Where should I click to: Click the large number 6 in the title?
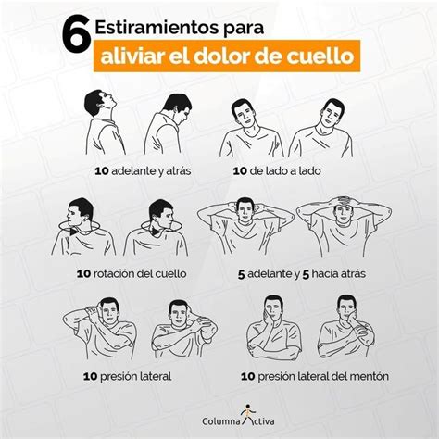coord(75,35)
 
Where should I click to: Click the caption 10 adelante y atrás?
coord(143,171)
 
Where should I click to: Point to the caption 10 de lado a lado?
coord(277,170)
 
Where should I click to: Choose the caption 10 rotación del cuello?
coord(132,273)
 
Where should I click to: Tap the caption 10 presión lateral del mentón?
coord(315,376)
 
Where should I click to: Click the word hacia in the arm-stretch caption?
coord(324,273)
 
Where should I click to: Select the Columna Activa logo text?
coord(238,421)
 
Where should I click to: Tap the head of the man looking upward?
coord(100,102)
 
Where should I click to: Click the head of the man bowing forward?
coord(178,107)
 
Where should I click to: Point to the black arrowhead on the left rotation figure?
coord(74,232)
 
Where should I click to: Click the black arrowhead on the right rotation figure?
coord(156,231)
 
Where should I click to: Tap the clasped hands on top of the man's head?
coord(344,202)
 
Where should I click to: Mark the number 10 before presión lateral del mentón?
coord(247,377)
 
